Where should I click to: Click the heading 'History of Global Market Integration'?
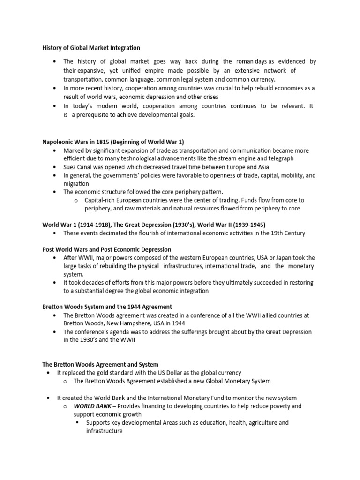click(91, 47)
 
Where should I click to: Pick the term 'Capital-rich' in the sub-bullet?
click(101, 200)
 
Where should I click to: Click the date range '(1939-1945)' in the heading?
click(255, 225)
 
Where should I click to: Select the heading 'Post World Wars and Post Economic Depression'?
click(107, 249)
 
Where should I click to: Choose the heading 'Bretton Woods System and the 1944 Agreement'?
click(107, 307)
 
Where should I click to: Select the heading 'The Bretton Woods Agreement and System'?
click(100, 364)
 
